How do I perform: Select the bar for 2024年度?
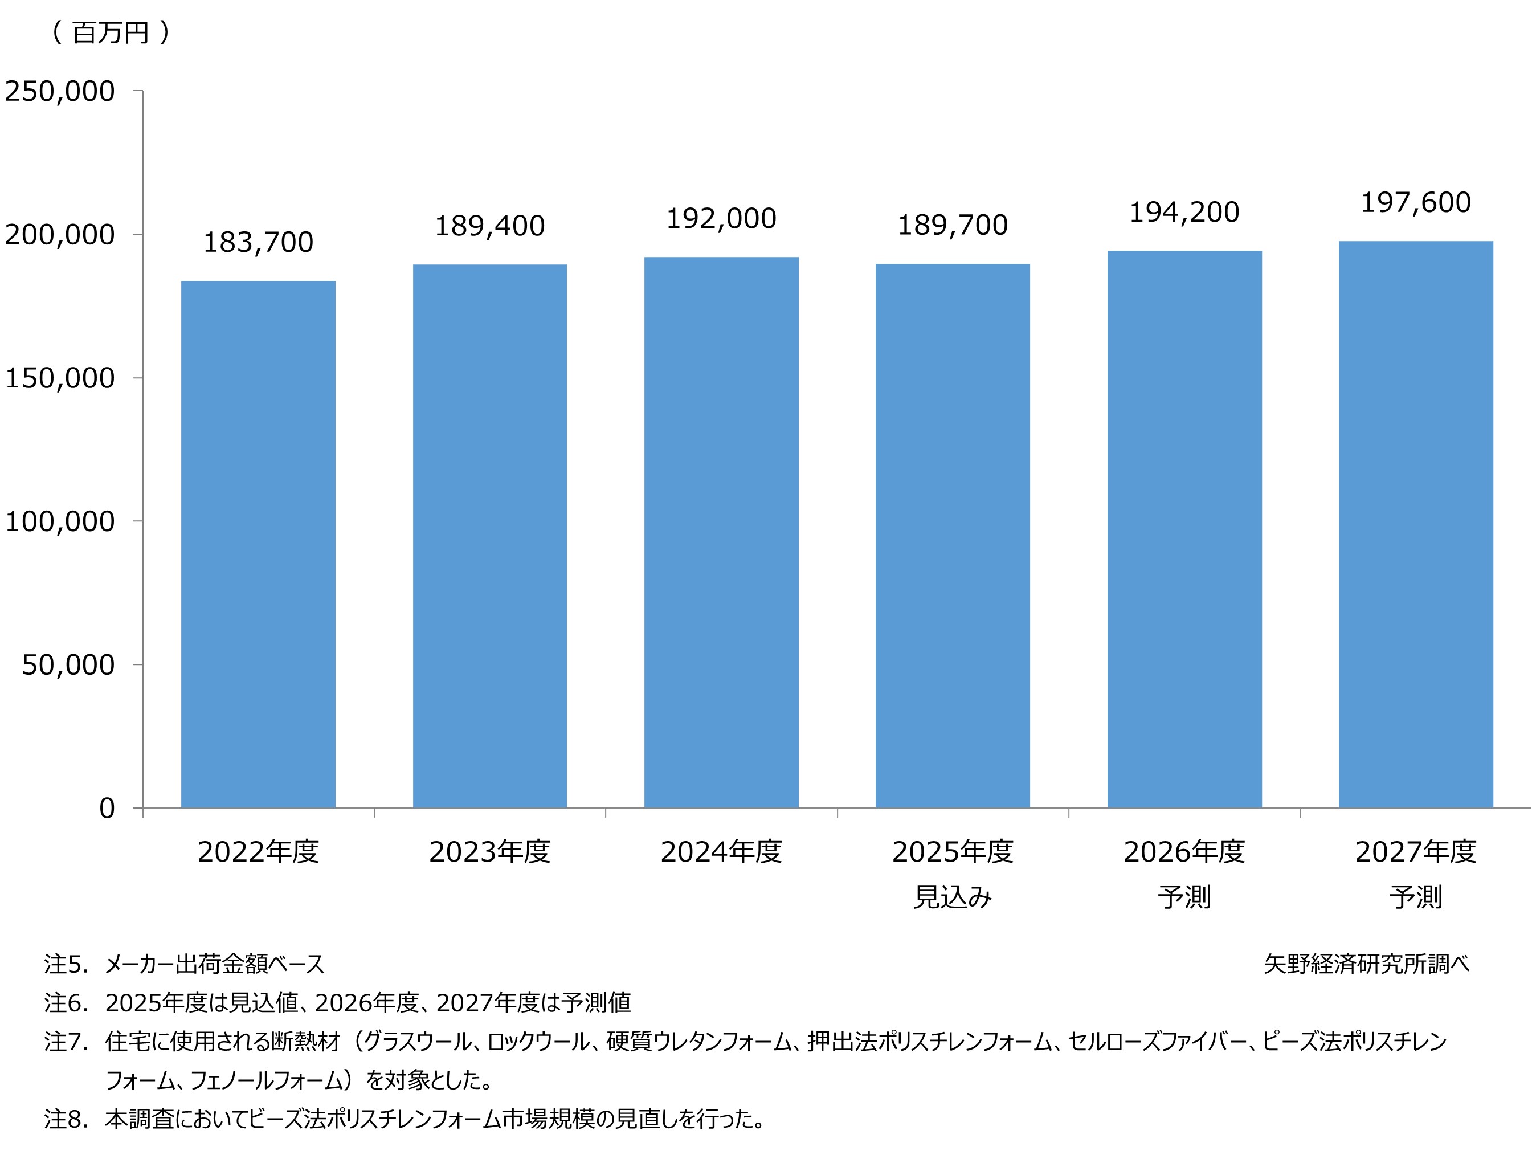point(721,532)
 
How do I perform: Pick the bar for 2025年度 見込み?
point(952,536)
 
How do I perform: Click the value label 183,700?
point(258,242)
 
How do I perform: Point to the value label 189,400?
point(489,226)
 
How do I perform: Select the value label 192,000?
point(721,219)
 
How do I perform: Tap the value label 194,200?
point(1184,213)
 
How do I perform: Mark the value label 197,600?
point(1415,203)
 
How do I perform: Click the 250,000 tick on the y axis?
point(60,92)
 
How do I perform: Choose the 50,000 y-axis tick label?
point(68,665)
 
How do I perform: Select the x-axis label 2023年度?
point(489,852)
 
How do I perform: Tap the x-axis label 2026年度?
point(1184,852)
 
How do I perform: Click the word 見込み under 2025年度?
point(952,897)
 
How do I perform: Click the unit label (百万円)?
point(111,32)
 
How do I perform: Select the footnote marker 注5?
point(66,964)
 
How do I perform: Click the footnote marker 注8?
point(66,1119)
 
